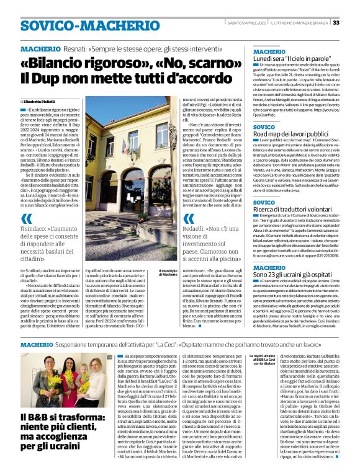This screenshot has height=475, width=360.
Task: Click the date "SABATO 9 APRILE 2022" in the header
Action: (252, 23)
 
